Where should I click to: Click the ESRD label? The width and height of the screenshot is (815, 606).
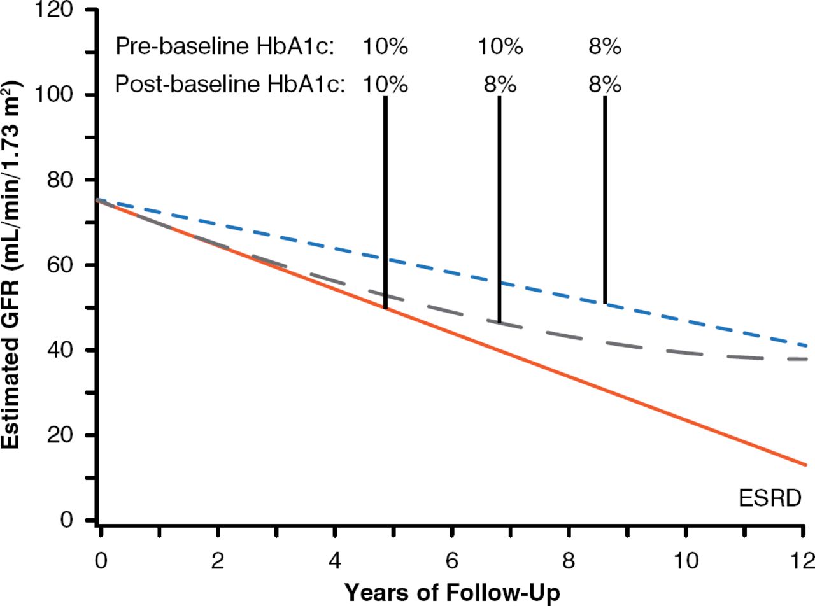(769, 498)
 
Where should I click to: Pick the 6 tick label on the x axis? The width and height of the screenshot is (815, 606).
(451, 561)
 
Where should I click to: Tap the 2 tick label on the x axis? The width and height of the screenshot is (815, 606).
(217, 561)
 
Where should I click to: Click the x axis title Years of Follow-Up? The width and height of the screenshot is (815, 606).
(453, 593)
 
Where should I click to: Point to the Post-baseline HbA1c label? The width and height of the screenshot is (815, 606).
(230, 85)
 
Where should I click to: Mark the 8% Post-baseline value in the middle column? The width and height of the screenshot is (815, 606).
(500, 85)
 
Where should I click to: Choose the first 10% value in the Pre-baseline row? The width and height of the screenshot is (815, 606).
(385, 47)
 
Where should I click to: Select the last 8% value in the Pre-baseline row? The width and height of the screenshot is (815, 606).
(604, 47)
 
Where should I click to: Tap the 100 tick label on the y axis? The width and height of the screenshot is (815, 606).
(64, 95)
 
